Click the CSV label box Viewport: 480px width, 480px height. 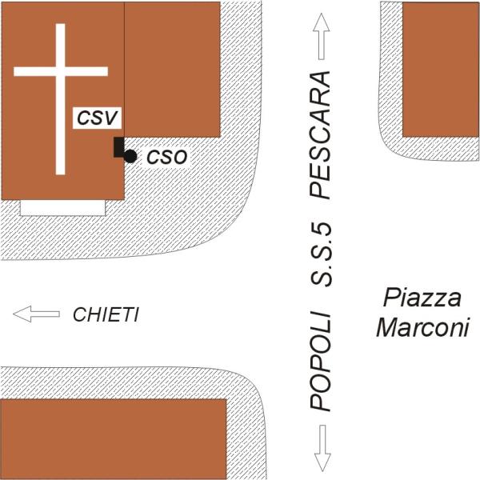(97, 118)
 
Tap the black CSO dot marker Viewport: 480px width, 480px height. (130, 156)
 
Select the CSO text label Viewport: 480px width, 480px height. (166, 157)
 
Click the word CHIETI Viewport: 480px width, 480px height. (106, 315)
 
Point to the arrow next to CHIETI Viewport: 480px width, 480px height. (36, 314)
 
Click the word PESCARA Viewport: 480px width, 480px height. (320, 136)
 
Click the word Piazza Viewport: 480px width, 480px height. (422, 299)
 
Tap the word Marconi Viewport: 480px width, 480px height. (422, 328)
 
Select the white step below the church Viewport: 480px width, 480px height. (62, 207)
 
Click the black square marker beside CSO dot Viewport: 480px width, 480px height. (118, 148)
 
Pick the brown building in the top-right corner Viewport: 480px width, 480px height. (440, 68)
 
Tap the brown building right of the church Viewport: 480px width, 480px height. (172, 68)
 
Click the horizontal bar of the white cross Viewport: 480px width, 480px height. (60, 72)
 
